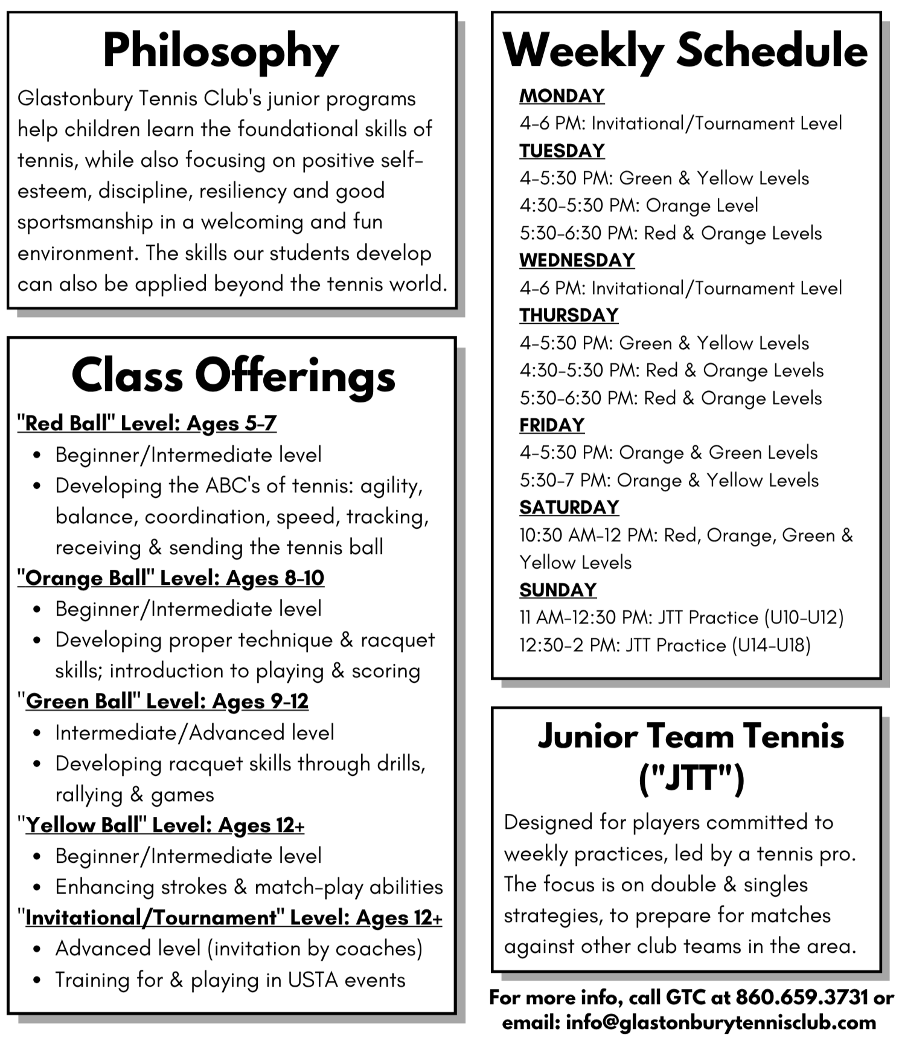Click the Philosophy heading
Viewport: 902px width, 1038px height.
point(220,51)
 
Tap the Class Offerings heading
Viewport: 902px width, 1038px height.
point(233,376)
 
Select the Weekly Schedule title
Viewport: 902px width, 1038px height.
point(685,50)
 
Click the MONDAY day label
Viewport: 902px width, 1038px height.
point(561,96)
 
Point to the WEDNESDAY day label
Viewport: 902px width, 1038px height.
point(577,260)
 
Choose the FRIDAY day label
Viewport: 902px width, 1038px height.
point(552,425)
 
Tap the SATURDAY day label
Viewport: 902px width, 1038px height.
point(569,508)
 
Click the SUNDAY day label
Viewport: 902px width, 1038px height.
point(558,590)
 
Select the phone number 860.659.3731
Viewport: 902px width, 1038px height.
point(802,998)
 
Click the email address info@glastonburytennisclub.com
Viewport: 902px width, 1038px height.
point(720,1022)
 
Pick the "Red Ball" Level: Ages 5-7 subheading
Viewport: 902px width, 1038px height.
point(147,424)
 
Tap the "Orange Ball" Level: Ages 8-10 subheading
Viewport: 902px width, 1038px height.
point(171,578)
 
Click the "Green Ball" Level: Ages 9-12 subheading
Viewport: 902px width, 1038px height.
point(163,701)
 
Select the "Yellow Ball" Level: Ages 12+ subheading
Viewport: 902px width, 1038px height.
point(161,825)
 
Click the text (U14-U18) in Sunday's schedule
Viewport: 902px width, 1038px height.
point(771,645)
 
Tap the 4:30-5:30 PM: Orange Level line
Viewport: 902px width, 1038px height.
point(638,205)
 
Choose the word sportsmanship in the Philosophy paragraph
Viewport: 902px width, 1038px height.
point(85,222)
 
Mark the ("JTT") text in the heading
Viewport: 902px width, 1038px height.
point(691,778)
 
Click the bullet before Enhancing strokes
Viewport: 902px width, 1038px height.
point(37,888)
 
